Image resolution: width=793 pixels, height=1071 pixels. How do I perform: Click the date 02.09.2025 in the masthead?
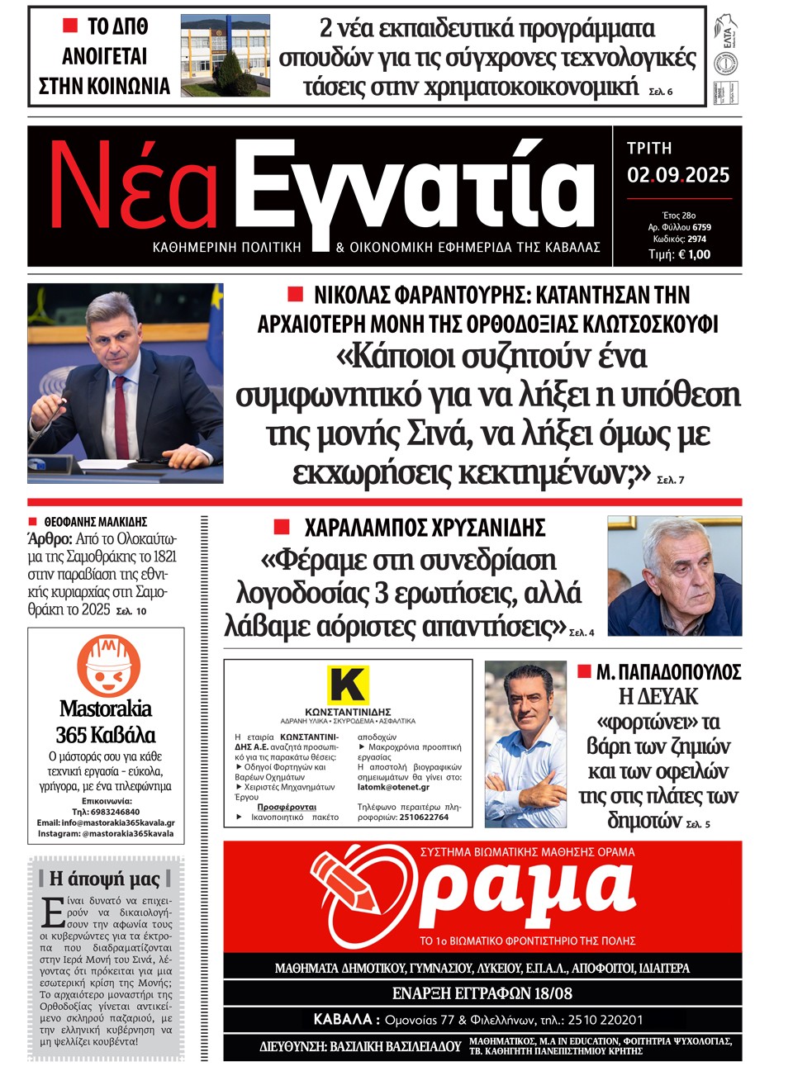tap(678, 175)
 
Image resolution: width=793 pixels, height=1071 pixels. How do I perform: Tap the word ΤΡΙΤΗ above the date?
tap(649, 149)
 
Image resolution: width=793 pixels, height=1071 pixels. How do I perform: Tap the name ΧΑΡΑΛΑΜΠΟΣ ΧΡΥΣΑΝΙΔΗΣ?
tap(425, 528)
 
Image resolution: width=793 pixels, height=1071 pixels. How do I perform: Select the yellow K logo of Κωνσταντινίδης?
tap(348, 685)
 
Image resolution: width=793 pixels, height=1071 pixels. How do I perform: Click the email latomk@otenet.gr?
tap(393, 787)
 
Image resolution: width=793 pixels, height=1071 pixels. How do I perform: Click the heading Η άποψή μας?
tap(105, 879)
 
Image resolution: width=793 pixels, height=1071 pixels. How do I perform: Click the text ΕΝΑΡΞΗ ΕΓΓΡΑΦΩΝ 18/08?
tap(482, 993)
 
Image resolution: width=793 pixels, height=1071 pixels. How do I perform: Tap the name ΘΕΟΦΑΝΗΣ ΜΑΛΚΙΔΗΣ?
tap(96, 522)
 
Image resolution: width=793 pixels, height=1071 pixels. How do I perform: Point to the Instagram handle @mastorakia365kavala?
tap(127, 834)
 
